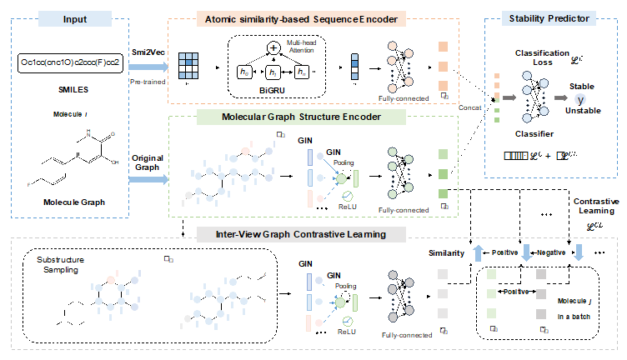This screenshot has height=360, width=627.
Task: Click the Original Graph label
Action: pyautogui.click(x=146, y=163)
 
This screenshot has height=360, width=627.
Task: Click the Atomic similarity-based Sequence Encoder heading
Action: pyautogui.click(x=312, y=17)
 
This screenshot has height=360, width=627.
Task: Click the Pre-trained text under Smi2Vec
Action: pyautogui.click(x=146, y=84)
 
